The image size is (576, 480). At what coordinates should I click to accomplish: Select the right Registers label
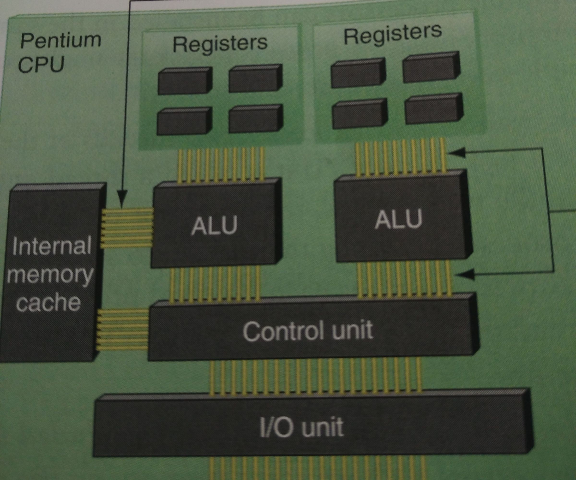tap(392, 34)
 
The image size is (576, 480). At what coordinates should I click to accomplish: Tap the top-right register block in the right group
tap(431, 68)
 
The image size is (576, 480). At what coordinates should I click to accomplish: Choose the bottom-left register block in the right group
tap(360, 114)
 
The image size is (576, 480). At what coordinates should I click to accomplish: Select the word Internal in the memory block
tap(52, 246)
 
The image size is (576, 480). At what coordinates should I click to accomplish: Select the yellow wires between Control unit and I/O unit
tap(315, 377)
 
